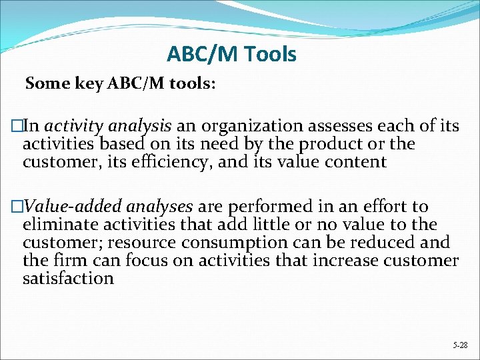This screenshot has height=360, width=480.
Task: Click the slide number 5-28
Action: coord(460,345)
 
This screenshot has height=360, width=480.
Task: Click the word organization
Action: coord(243,126)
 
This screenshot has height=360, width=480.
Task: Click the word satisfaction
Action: coord(68,278)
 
